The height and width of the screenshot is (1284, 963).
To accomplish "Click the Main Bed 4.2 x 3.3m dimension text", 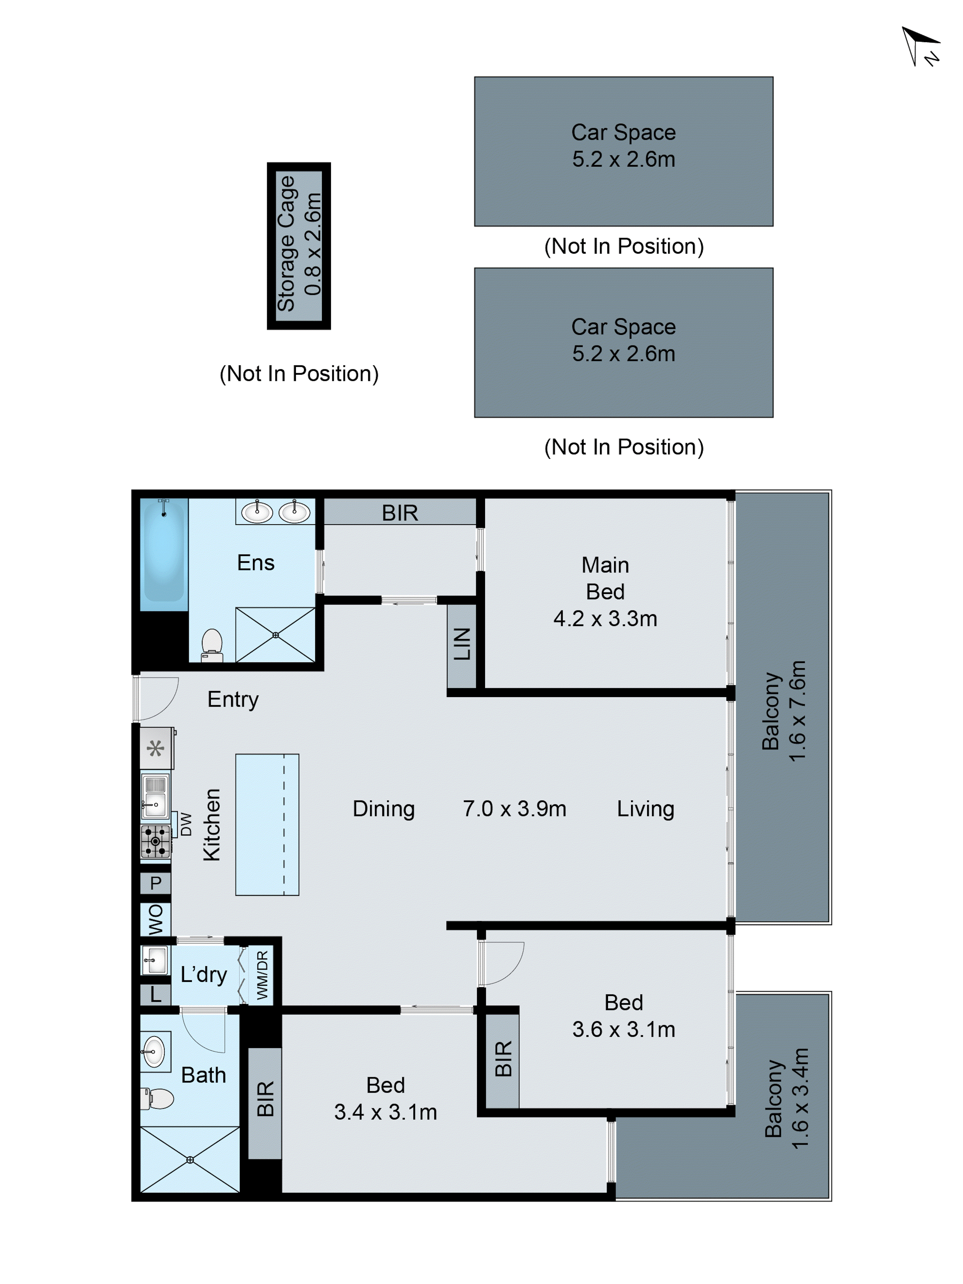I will pos(605,618).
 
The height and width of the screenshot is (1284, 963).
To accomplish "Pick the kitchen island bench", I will pos(267,824).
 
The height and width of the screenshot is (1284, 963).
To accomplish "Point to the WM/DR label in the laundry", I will pos(262,975).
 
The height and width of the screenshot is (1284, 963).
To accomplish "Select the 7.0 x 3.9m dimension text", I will pos(514,808).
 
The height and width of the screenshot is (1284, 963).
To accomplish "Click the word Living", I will pos(646,808).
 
